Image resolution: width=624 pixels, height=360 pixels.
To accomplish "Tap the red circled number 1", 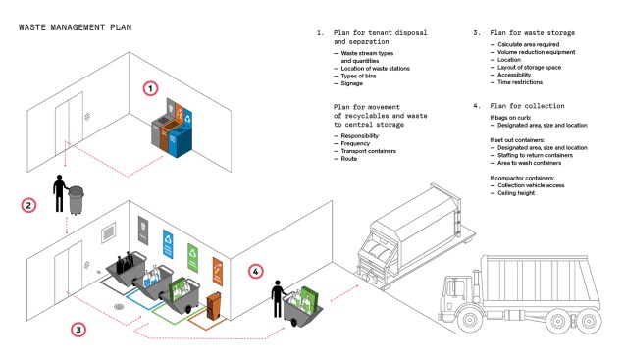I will pyautogui.click(x=150, y=87).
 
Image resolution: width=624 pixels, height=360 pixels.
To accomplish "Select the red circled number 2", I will pyautogui.click(x=30, y=205).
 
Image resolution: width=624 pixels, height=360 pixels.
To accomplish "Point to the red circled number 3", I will pyautogui.click(x=78, y=329).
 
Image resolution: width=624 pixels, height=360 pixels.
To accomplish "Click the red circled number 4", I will pyautogui.click(x=256, y=271).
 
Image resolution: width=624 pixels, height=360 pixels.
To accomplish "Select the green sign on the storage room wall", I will pyautogui.click(x=193, y=252).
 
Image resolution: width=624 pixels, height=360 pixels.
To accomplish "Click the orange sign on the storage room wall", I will pyautogui.click(x=218, y=264).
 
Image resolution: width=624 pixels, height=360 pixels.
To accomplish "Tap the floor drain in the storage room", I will pyautogui.click(x=120, y=304).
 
